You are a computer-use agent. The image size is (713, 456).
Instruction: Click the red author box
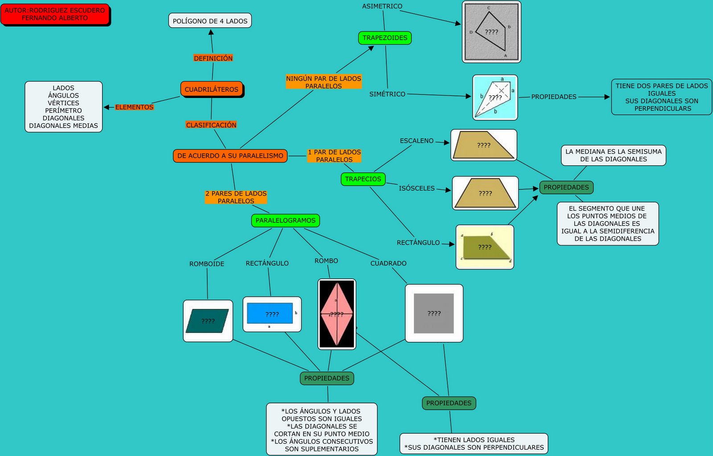(55, 14)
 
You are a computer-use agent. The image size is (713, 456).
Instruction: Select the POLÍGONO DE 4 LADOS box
(210, 21)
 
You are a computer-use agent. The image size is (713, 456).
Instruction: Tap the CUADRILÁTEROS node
(212, 89)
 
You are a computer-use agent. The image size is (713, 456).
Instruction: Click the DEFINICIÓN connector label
(213, 58)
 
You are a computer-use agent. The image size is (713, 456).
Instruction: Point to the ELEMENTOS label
(134, 107)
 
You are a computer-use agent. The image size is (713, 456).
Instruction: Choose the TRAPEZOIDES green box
(385, 38)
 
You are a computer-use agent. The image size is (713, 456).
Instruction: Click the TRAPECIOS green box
(363, 179)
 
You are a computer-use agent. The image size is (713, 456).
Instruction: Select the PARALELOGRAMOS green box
(285, 220)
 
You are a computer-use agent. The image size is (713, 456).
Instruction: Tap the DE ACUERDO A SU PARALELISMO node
(230, 156)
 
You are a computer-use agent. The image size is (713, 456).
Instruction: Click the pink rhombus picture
(337, 314)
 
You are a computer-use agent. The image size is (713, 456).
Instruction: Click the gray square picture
(434, 313)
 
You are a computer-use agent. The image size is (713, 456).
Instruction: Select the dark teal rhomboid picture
(208, 321)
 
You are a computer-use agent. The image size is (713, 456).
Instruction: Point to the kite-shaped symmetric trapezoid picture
(495, 98)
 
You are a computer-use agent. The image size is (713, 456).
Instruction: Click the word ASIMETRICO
(382, 6)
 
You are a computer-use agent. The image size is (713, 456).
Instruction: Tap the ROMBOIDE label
(207, 264)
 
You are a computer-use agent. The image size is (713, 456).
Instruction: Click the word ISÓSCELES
(417, 189)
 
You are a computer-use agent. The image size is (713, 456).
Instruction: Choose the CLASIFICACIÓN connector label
(211, 125)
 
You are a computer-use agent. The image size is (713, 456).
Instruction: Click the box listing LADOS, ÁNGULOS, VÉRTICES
(64, 107)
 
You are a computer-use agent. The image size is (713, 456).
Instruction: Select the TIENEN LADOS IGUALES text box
(474, 444)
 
